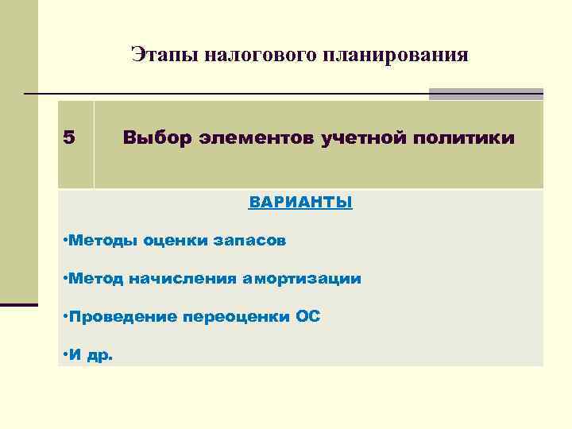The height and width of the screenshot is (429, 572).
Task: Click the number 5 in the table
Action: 69,138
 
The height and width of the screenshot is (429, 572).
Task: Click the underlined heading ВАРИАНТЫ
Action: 300,202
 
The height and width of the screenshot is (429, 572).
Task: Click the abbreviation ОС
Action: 308,316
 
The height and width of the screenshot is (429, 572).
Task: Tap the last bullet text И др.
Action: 90,355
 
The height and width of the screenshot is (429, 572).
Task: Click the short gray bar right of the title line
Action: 485,94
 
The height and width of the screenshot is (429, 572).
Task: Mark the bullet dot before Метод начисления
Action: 64,278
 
